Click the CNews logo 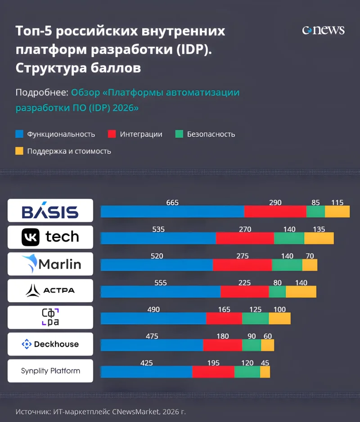coord(323,30)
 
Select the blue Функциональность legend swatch coord(19,134)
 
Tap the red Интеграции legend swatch coord(112,134)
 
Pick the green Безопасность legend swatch coord(179,134)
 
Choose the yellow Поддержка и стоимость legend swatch coord(19,151)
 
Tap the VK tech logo coord(50,237)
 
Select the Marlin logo coord(50,264)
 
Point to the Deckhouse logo coord(50,344)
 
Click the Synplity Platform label coord(50,371)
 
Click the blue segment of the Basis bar coord(172,211)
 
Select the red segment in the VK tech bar coord(245,238)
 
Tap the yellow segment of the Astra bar coord(301,292)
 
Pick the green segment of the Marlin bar coord(287,265)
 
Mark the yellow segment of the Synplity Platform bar coord(265,372)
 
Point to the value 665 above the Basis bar coord(172,202)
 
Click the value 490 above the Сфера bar coord(153,310)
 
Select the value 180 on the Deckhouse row coord(222,336)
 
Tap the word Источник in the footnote coord(32,411)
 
